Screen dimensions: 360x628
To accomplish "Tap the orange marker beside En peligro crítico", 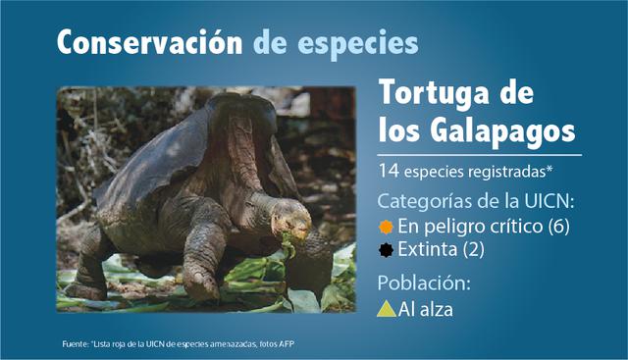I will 387,227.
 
